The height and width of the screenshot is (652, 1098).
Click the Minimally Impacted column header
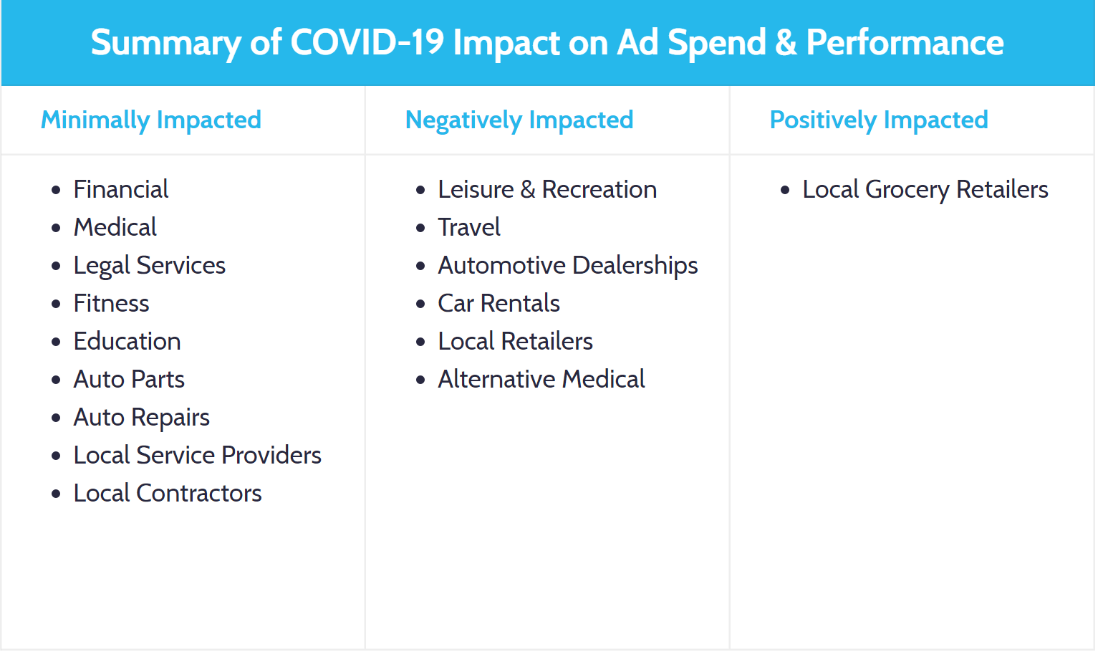tap(151, 120)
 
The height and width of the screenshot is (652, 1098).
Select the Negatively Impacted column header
tap(519, 120)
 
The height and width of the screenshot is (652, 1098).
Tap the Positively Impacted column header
tap(879, 120)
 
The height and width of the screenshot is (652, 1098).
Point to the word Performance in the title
tap(905, 42)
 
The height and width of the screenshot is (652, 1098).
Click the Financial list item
tap(121, 189)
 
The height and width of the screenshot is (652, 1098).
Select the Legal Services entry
tap(149, 266)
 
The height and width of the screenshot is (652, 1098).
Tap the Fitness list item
tap(111, 303)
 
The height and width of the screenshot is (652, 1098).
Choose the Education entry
tap(127, 341)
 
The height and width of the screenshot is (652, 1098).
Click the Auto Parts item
tap(129, 379)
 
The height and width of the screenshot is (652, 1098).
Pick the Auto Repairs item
tap(141, 417)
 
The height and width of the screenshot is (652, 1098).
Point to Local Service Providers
tap(197, 455)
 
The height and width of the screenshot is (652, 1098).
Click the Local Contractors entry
tap(168, 493)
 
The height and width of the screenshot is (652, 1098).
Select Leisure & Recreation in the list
tap(547, 189)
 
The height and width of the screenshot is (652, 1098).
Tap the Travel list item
tap(469, 227)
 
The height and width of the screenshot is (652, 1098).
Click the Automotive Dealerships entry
tap(568, 265)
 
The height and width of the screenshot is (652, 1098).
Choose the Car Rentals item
tap(499, 303)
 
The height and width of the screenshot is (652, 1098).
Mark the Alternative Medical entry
tap(541, 379)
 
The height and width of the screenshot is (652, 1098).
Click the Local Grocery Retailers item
tap(925, 189)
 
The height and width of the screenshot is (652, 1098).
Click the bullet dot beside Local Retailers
tap(420, 342)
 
